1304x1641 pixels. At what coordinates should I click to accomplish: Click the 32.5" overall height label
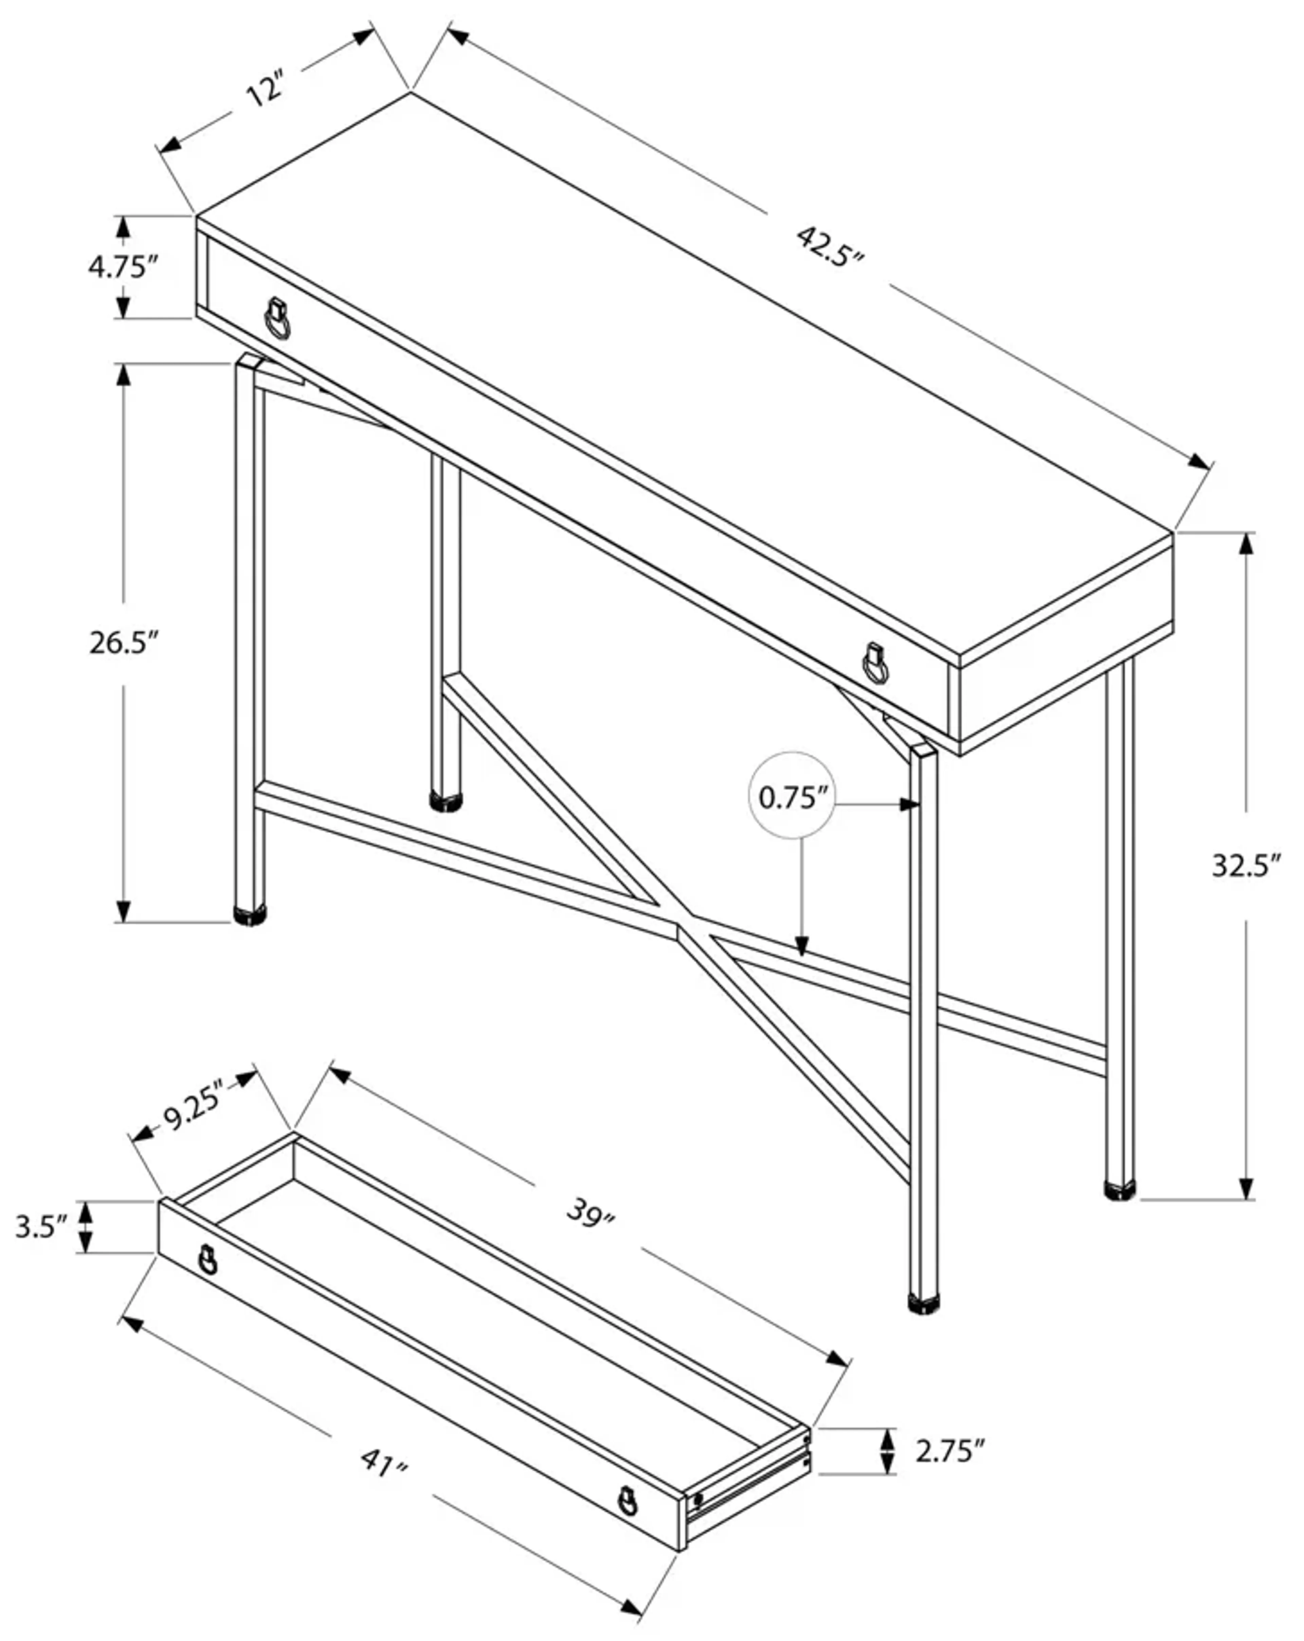click(1245, 865)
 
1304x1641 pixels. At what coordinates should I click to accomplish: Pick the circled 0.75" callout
click(792, 798)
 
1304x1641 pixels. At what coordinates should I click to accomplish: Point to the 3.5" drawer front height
click(42, 1227)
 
